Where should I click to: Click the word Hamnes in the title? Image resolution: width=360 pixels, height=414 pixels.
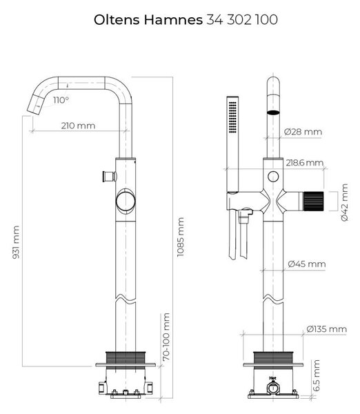pyautogui.click(x=173, y=20)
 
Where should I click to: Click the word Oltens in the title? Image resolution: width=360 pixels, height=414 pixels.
pyautogui.click(x=117, y=20)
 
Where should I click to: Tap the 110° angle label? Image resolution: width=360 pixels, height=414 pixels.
pyautogui.click(x=61, y=100)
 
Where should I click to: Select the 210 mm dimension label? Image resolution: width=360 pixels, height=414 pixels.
pyautogui.click(x=78, y=126)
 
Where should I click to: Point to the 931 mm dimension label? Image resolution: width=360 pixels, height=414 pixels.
pyautogui.click(x=16, y=242)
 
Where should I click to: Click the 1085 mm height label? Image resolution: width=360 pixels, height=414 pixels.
pyautogui.click(x=181, y=237)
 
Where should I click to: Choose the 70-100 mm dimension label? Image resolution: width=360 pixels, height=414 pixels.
pyautogui.click(x=166, y=337)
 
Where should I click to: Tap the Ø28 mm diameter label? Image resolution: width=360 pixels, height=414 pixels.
pyautogui.click(x=303, y=132)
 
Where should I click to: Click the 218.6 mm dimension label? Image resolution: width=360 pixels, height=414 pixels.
pyautogui.click(x=305, y=163)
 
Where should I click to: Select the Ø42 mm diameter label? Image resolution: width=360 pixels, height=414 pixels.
pyautogui.click(x=344, y=202)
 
